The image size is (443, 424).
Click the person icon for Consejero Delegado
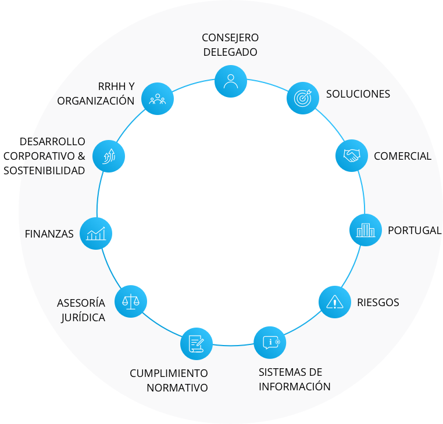point(231,81)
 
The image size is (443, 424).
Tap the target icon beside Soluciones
point(303,98)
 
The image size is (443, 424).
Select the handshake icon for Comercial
point(352,156)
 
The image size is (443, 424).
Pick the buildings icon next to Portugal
point(366,230)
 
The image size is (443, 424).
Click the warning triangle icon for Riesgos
point(335,302)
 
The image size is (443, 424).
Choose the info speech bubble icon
point(270,343)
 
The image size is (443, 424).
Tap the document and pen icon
point(197,344)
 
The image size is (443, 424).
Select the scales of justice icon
point(131,301)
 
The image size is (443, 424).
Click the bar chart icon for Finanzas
point(96,233)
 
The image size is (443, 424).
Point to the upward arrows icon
point(109,156)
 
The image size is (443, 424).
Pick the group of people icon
point(158,99)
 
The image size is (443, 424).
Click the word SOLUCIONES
point(358,94)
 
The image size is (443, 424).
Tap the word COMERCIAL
point(403,156)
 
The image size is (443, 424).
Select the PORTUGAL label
point(415,231)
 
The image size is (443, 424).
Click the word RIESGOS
point(378,303)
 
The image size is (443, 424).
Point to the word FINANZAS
point(49,234)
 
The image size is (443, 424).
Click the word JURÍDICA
point(83,317)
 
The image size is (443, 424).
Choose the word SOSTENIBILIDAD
point(44,171)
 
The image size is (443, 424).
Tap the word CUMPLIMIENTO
point(169,373)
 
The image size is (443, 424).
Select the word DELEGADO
point(230,52)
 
